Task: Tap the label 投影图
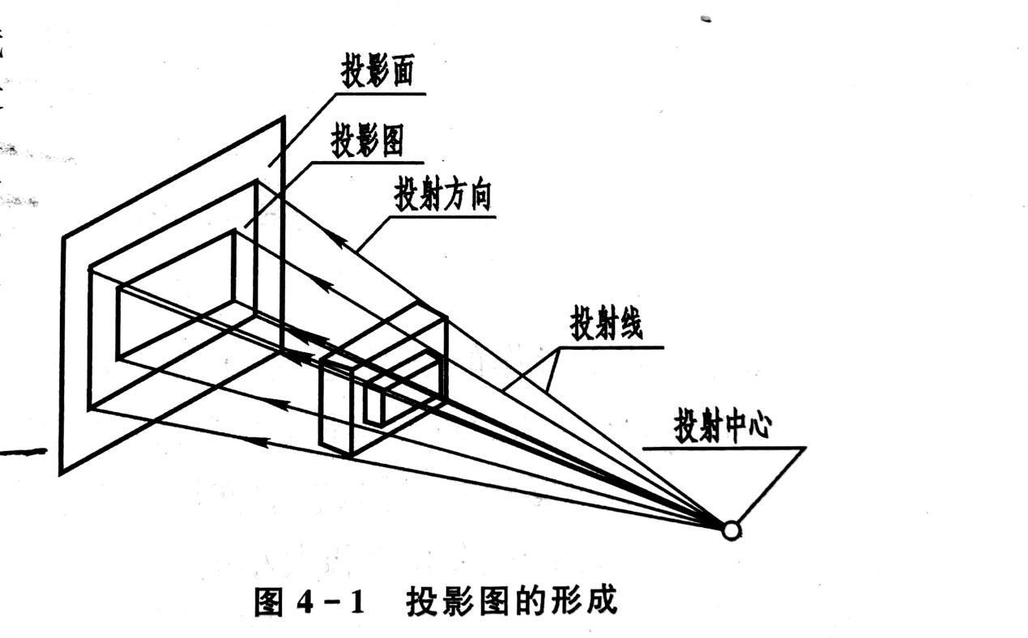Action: pyautogui.click(x=367, y=142)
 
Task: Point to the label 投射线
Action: pyautogui.click(x=606, y=325)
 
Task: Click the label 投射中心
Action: pyautogui.click(x=722, y=427)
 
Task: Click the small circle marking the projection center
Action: pyautogui.click(x=731, y=530)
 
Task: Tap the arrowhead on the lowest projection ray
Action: pyautogui.click(x=258, y=441)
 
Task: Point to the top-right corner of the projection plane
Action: pyautogui.click(x=284, y=118)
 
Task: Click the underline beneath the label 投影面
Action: pyautogui.click(x=381, y=93)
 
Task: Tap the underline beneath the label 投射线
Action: pyautogui.click(x=608, y=347)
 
